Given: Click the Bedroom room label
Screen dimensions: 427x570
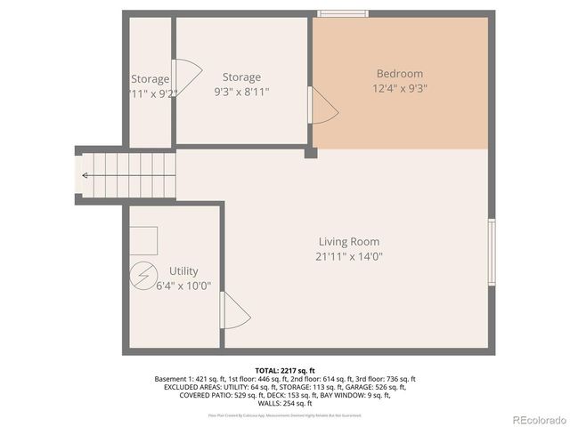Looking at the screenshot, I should (x=400, y=74).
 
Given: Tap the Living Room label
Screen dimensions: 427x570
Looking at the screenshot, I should (x=349, y=241).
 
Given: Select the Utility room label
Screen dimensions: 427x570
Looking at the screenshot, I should (x=183, y=270).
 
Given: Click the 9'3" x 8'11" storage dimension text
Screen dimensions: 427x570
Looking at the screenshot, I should (x=241, y=92).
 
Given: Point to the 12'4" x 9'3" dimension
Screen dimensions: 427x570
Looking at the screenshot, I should (x=400, y=88).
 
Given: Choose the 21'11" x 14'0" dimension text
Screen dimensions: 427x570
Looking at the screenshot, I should (x=349, y=256).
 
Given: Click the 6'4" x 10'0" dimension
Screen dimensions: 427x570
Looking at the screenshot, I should (x=183, y=286).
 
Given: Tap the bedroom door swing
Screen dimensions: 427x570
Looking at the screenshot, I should (x=322, y=106).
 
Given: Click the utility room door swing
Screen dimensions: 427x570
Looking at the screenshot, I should (x=235, y=312).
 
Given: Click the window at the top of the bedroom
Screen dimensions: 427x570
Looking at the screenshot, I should (x=346, y=13).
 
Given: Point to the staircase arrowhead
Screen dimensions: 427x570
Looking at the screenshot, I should (x=85, y=175).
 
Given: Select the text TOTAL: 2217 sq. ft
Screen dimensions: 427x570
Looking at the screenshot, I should (x=285, y=370).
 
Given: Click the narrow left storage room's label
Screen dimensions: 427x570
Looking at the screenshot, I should (x=150, y=79).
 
